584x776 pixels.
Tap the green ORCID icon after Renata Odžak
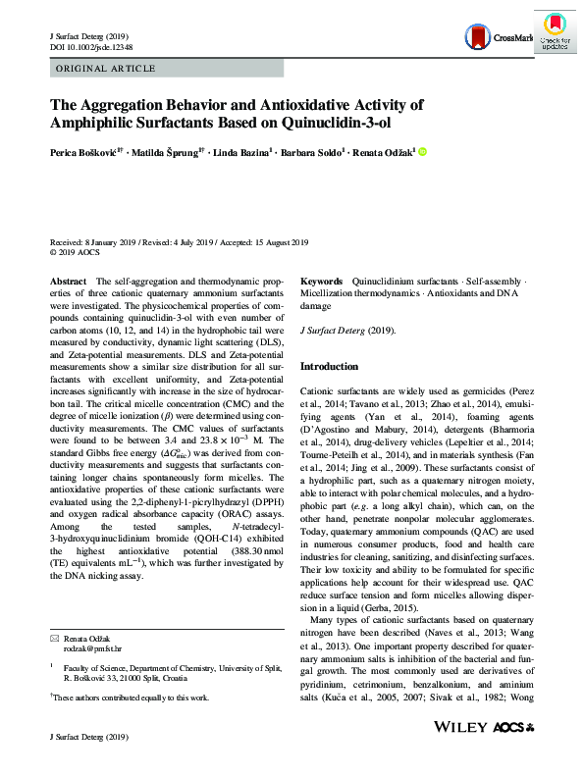(422, 152)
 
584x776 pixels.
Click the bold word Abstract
(68, 281)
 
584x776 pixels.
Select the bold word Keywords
(321, 281)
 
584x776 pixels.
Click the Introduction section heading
(329, 366)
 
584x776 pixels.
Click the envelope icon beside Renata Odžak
(54, 638)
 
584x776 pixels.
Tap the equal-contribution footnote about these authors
(132, 698)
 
